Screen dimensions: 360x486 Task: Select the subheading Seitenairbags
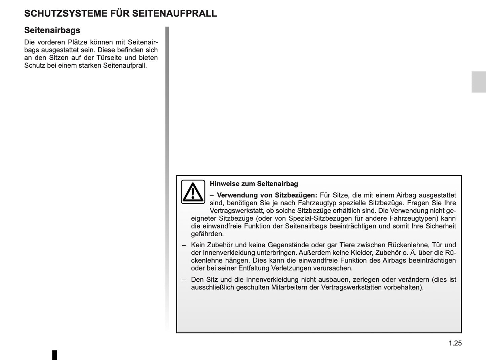(x=52, y=30)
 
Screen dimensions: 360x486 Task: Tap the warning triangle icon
(x=193, y=192)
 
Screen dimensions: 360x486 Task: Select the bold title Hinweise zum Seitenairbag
(x=254, y=184)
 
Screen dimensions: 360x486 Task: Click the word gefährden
(x=207, y=234)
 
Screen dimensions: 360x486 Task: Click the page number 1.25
(x=455, y=343)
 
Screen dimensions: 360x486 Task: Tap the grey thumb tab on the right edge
(x=478, y=82)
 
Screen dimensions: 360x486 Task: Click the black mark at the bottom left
(x=55, y=355)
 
